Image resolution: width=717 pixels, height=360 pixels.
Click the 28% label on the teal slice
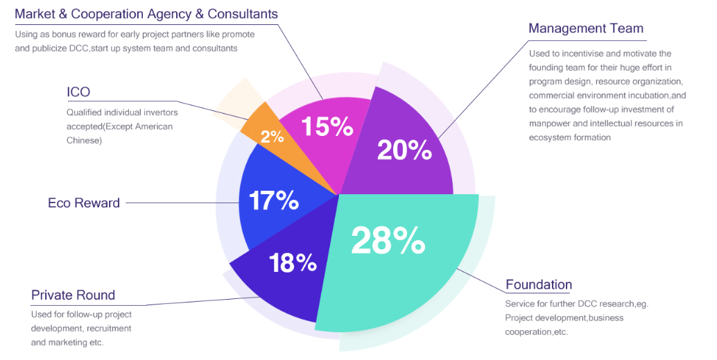click(388, 241)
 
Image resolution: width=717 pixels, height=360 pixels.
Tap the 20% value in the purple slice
click(404, 150)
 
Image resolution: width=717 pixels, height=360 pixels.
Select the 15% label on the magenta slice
click(327, 126)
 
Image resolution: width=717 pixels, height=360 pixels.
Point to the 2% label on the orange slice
click(272, 137)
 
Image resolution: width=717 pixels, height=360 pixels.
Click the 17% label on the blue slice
click(273, 201)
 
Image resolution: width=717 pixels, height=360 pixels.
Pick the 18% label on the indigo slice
click(293, 263)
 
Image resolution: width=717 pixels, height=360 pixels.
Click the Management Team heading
click(586, 28)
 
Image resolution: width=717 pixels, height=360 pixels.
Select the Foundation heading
click(539, 284)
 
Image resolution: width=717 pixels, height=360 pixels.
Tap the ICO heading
click(78, 92)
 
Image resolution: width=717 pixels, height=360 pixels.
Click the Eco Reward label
click(84, 203)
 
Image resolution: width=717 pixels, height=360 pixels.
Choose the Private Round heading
click(74, 295)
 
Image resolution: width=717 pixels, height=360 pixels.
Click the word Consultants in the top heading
click(243, 14)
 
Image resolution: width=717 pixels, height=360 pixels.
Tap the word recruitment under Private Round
click(109, 328)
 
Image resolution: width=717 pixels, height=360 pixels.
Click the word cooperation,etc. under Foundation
click(537, 332)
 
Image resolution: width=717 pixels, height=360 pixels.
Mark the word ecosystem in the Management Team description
click(548, 137)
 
